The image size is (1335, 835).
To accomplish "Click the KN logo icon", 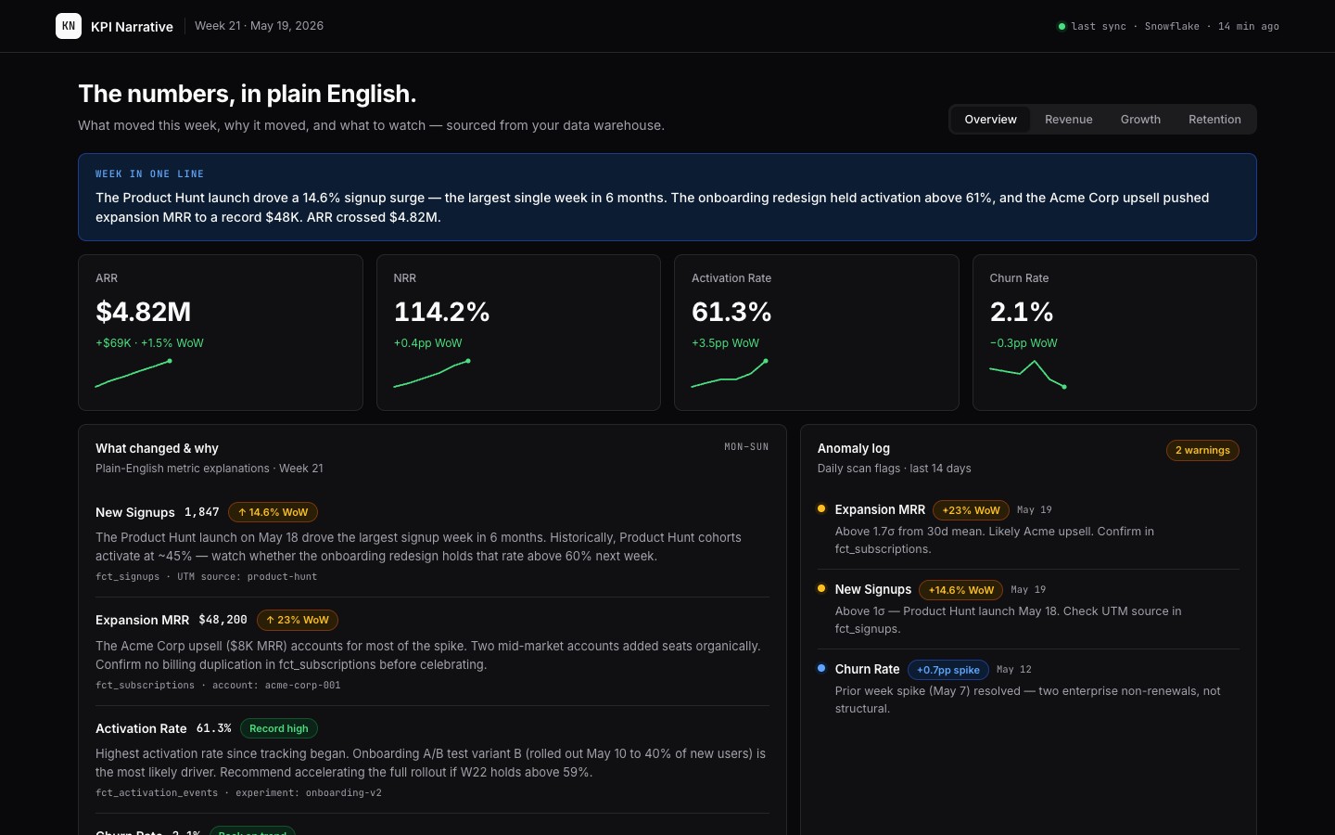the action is (x=69, y=26).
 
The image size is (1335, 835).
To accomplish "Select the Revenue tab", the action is (x=1069, y=120).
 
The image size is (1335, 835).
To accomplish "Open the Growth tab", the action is (x=1140, y=120).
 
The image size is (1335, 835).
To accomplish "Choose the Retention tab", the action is (x=1214, y=120).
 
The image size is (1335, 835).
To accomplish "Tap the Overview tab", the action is (x=990, y=120).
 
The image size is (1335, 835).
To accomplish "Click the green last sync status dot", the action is (x=1062, y=26).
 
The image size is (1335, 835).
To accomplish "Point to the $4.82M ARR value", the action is (x=143, y=312).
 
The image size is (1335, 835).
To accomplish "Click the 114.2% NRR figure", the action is (x=441, y=312).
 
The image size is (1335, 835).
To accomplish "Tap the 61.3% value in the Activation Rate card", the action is (x=731, y=312).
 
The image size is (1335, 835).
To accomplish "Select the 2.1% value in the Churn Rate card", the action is (x=1022, y=312).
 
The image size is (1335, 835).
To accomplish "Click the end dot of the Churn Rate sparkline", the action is (x=1064, y=387).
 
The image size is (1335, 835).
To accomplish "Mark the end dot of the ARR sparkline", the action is (x=170, y=361).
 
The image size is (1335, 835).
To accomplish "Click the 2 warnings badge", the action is (x=1202, y=450).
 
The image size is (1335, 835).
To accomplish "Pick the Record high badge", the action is (x=278, y=728).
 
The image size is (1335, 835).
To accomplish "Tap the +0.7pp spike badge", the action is (x=947, y=670).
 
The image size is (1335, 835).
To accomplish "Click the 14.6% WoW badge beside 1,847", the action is (x=273, y=512).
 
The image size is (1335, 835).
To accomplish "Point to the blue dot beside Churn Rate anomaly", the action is (x=821, y=668).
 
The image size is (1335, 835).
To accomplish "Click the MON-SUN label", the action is (x=746, y=447).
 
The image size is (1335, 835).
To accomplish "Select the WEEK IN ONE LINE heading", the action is (x=149, y=174).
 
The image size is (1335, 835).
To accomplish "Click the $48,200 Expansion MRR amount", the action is (x=222, y=620).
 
